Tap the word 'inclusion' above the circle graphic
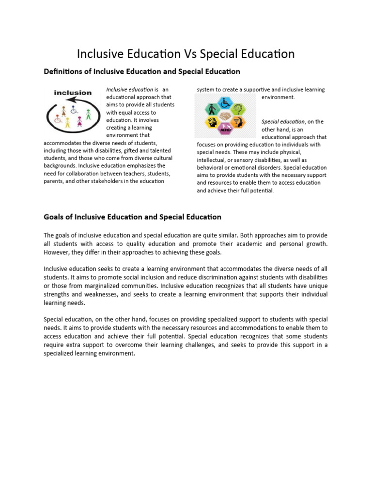[73, 93]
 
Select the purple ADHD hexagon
[225, 129]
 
